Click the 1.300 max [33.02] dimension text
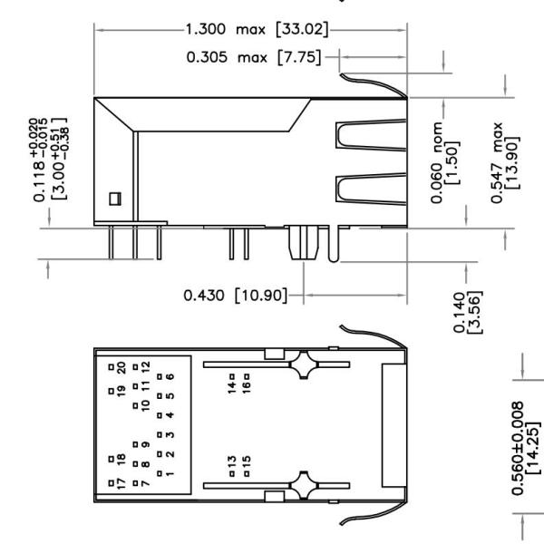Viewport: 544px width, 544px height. (256, 30)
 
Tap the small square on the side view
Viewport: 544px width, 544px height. (114, 199)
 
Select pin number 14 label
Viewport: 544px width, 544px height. (232, 387)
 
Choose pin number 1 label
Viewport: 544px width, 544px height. (170, 472)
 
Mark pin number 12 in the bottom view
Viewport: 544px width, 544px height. (145, 371)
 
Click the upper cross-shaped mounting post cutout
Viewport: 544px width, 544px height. (300, 367)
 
